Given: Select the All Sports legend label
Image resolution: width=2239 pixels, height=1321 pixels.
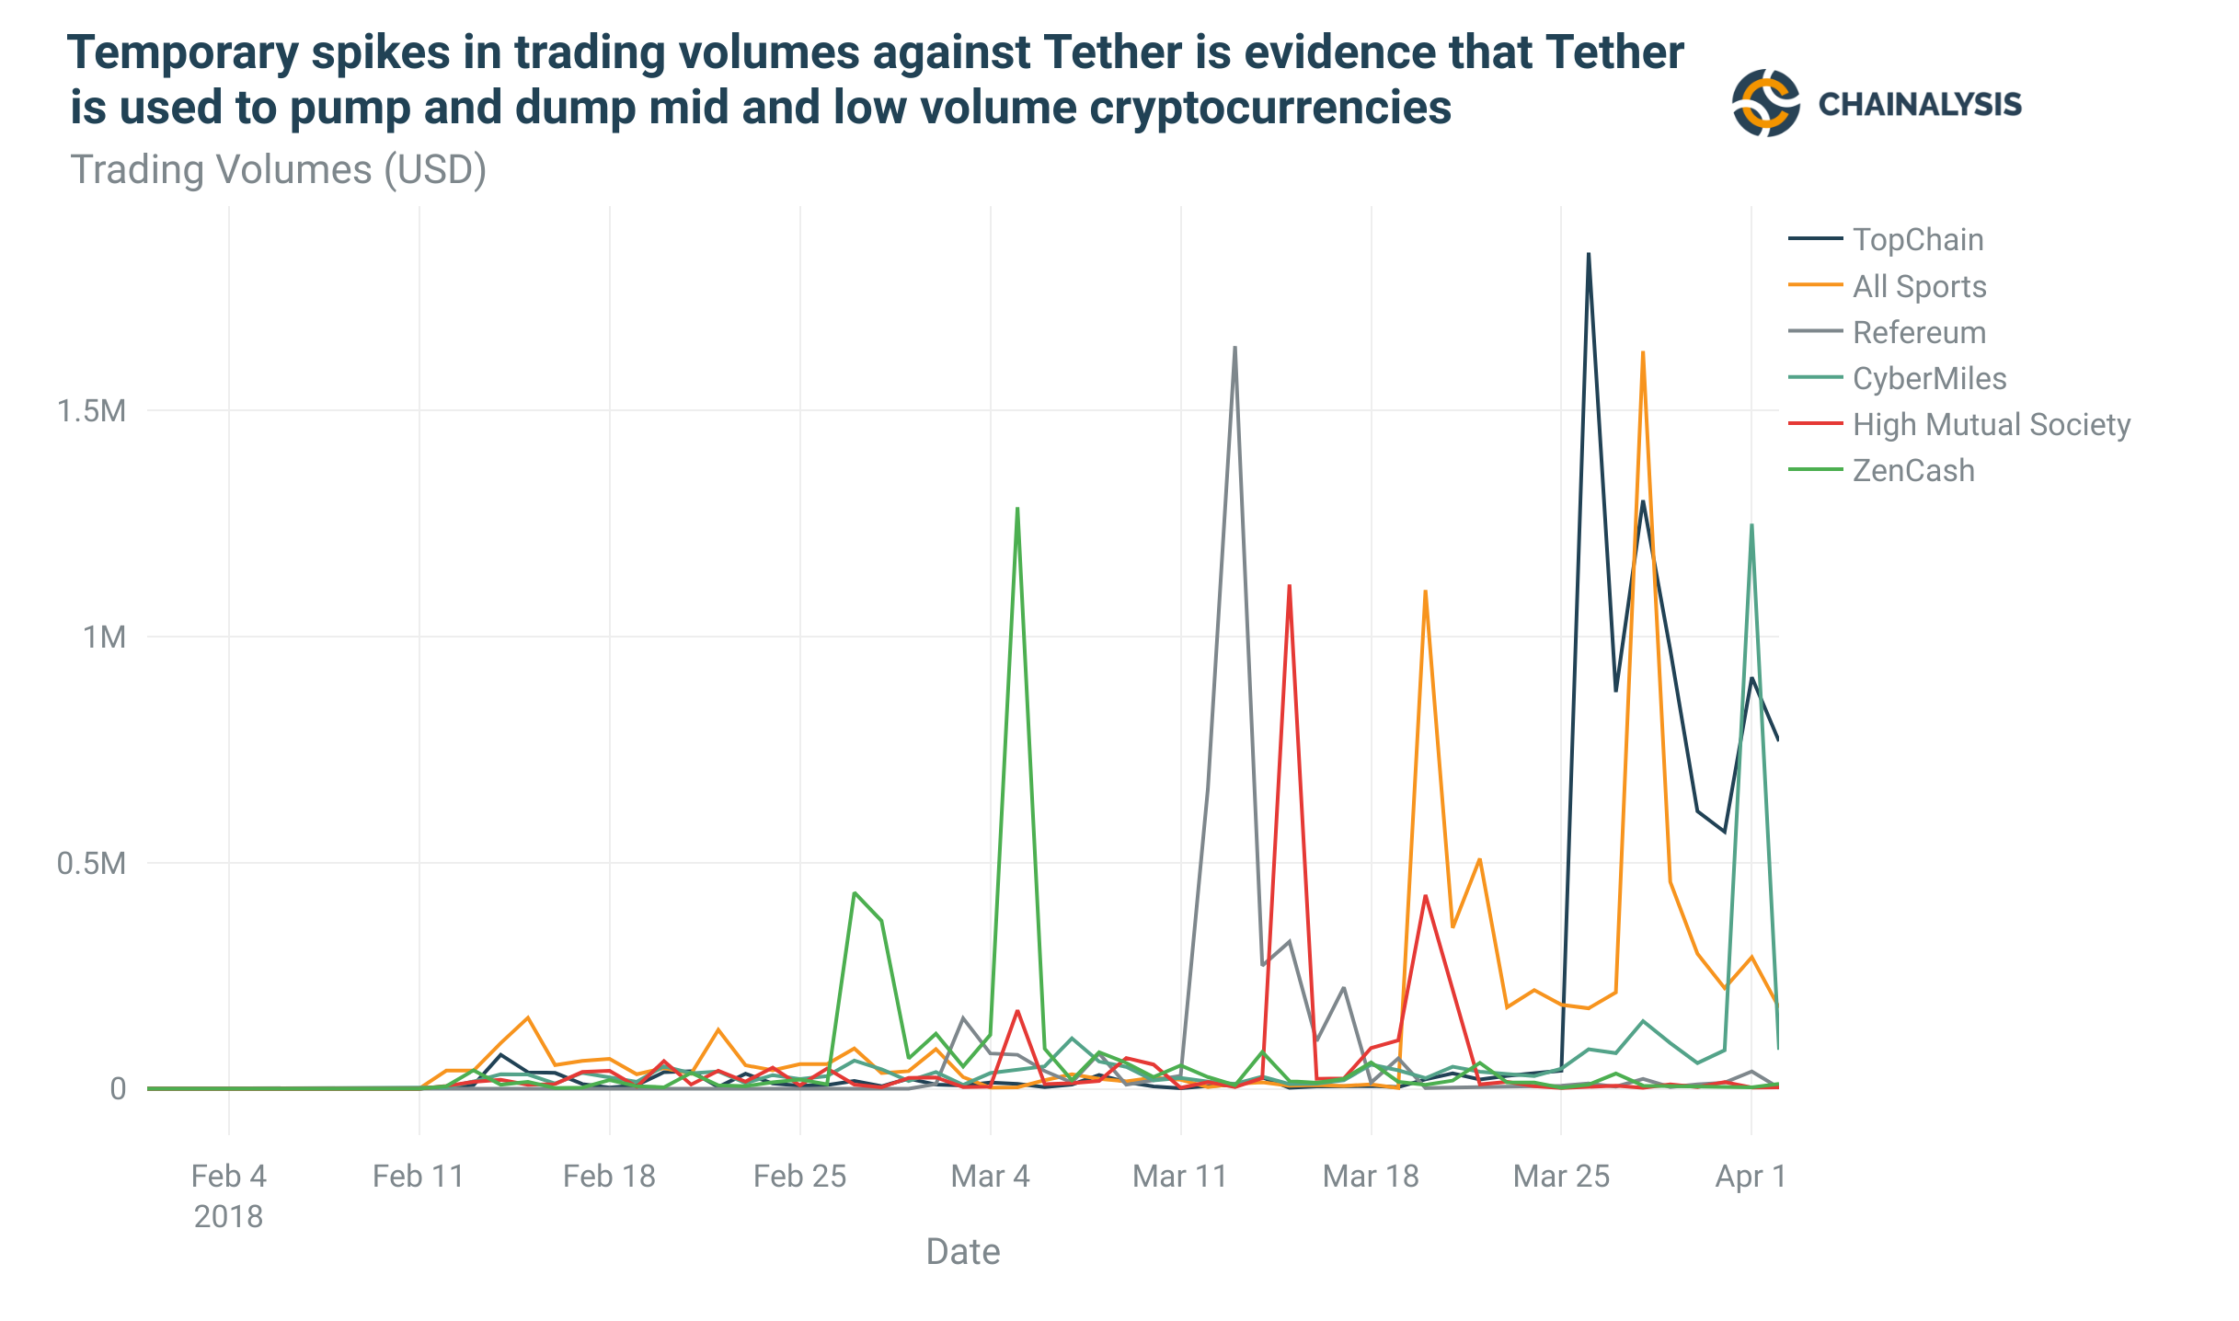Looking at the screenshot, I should [x=1919, y=286].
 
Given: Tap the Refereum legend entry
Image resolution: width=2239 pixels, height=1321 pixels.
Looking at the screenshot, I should [x=1918, y=332].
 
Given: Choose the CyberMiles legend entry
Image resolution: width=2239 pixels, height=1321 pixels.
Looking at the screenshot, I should [x=1928, y=378].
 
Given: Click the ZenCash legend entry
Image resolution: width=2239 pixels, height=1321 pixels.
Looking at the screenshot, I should [x=1912, y=470].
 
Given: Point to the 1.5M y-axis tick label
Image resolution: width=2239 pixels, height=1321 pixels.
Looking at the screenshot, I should [x=91, y=411].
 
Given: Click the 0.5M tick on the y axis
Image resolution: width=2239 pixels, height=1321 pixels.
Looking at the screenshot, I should [x=91, y=863].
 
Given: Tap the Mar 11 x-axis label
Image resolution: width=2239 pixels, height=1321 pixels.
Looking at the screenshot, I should [x=1180, y=1176].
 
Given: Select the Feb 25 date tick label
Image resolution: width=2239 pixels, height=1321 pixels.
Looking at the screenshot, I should [x=799, y=1176].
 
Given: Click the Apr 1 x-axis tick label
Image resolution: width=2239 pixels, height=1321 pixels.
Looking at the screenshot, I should [x=1750, y=1176].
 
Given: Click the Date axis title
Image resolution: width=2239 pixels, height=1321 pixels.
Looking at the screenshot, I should [x=962, y=1251].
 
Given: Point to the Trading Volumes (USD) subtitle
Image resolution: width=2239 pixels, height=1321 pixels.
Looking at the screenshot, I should [x=278, y=170].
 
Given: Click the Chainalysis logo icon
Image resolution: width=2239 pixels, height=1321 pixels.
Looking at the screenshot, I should [x=1764, y=103].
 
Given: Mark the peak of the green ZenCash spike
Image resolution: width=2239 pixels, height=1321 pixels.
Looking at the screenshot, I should [x=1016, y=508].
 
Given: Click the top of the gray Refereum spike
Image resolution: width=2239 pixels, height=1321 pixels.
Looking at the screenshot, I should [x=1234, y=348].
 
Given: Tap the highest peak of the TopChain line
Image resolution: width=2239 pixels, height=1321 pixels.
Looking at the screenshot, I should [x=1589, y=254].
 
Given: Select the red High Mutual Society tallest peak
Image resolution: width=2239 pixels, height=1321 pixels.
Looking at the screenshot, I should [x=1289, y=585].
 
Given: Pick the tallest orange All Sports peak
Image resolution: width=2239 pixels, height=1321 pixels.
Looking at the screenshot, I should [x=1643, y=352].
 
